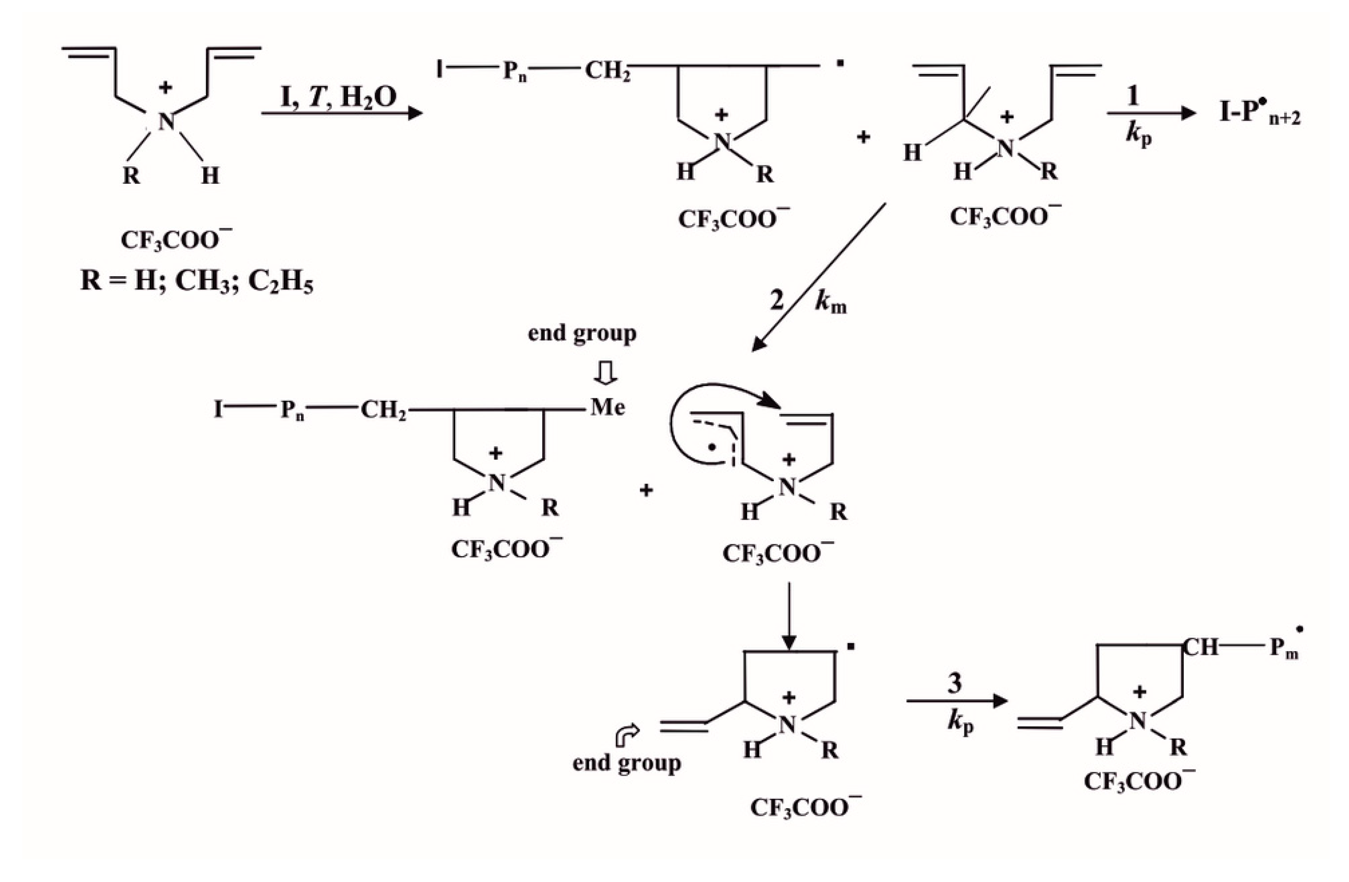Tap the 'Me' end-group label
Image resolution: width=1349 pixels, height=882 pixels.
[608, 407]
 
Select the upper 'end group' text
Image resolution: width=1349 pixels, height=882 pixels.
[582, 333]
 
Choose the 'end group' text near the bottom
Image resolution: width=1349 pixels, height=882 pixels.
[626, 763]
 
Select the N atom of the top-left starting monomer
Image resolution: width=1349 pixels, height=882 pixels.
[166, 121]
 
